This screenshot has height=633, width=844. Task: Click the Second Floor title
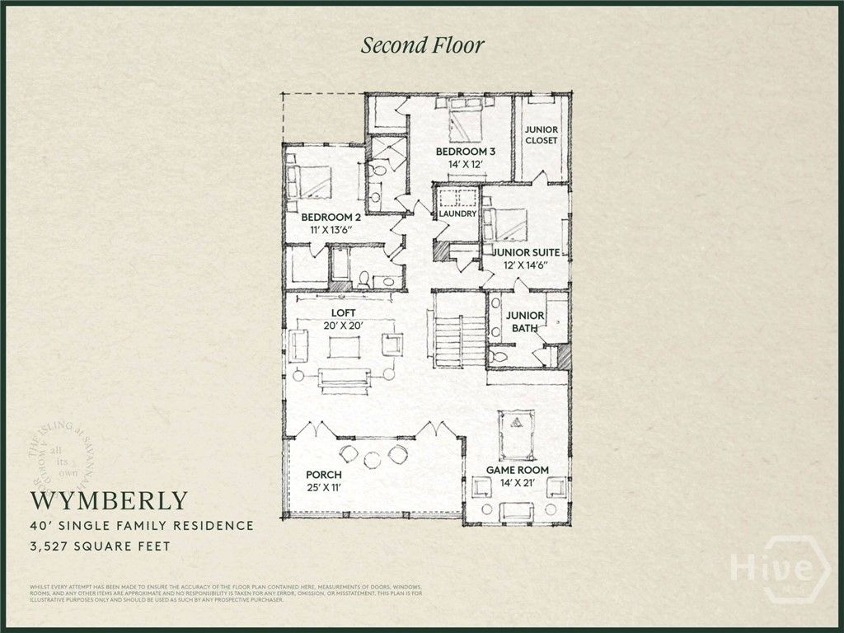pyautogui.click(x=422, y=45)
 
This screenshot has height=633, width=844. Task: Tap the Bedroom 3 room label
pyautogui.click(x=466, y=152)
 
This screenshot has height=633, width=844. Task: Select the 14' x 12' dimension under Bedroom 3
pyautogui.click(x=466, y=165)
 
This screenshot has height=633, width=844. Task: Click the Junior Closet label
pyautogui.click(x=541, y=135)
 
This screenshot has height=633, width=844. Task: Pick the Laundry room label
pyautogui.click(x=457, y=214)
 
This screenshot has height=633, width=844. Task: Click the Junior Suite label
pyautogui.click(x=527, y=252)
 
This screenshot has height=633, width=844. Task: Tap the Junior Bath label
pyautogui.click(x=524, y=321)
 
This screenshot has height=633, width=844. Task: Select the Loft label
pyautogui.click(x=343, y=313)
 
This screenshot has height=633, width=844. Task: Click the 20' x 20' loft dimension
pyautogui.click(x=343, y=326)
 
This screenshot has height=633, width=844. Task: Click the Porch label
pyautogui.click(x=323, y=476)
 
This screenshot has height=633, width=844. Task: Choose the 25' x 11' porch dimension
pyautogui.click(x=323, y=488)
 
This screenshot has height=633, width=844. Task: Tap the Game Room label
pyautogui.click(x=517, y=470)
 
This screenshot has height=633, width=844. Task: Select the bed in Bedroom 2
pyautogui.click(x=308, y=181)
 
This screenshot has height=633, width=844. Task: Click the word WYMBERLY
pyautogui.click(x=110, y=500)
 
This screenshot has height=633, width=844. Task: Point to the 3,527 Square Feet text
pyautogui.click(x=101, y=546)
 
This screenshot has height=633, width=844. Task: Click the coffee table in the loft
pyautogui.click(x=343, y=347)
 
